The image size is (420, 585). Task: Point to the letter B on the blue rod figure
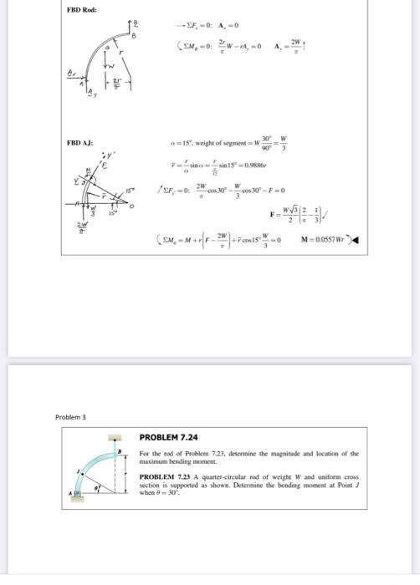click(x=118, y=450)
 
